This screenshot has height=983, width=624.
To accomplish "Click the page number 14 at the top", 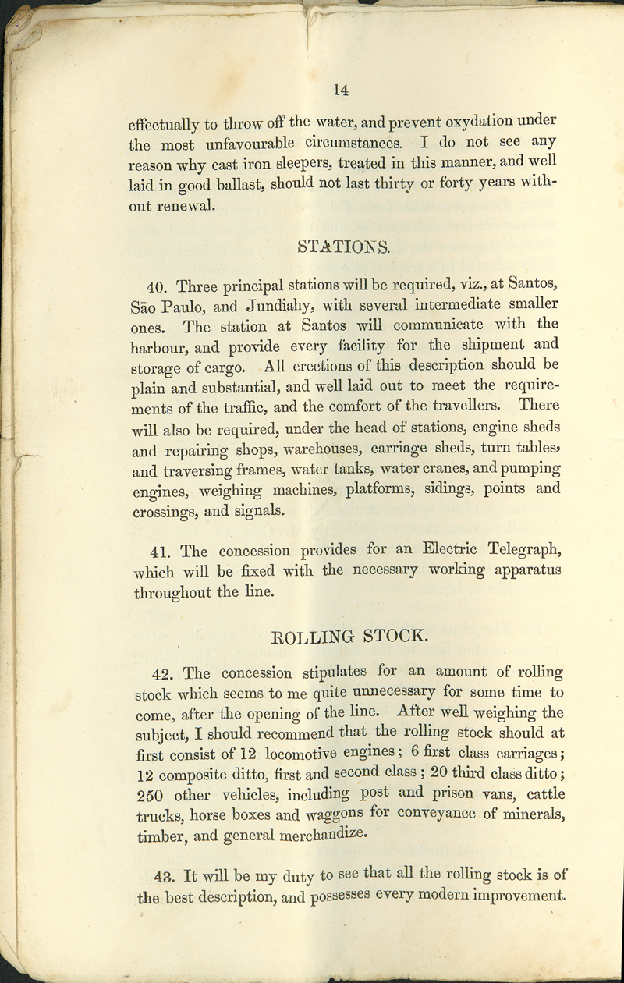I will (x=340, y=90).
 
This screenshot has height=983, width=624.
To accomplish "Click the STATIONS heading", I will (x=343, y=248).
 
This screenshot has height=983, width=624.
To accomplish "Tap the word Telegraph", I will (x=517, y=551).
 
